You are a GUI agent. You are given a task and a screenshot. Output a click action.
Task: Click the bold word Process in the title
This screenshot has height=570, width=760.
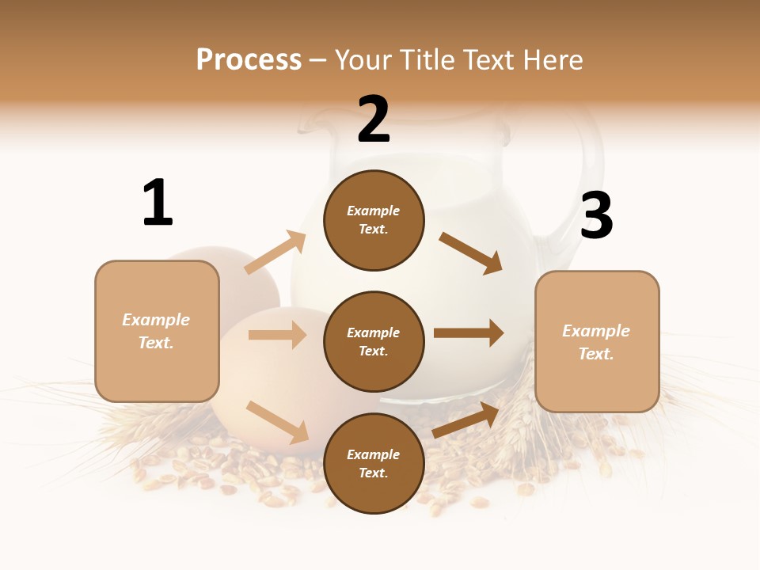[x=249, y=60]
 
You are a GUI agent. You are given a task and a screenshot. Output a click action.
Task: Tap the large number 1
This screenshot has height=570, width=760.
[x=158, y=203]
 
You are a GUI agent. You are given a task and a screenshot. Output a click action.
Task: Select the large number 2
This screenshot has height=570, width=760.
[x=374, y=120]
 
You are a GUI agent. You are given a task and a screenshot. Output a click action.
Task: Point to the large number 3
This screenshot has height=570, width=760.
[x=596, y=216]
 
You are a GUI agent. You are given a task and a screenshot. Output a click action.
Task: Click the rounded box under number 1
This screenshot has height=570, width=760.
[x=157, y=331]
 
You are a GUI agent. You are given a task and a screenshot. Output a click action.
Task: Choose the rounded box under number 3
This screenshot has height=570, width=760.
[x=597, y=341]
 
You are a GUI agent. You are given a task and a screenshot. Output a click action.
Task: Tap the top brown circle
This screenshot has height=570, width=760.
[x=374, y=220]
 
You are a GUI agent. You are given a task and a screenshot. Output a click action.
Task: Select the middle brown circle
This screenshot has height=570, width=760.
[x=374, y=341]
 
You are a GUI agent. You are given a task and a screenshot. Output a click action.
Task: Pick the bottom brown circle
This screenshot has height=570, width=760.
[x=374, y=463]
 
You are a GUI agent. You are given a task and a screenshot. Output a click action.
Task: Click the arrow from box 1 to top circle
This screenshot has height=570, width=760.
[x=275, y=253]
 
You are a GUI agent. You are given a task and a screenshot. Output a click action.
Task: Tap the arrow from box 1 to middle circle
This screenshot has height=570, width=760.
[x=277, y=335]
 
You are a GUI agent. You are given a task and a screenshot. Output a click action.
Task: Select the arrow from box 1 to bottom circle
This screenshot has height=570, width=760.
[x=277, y=422]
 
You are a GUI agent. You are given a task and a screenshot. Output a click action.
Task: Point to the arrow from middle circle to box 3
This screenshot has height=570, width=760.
[x=469, y=333]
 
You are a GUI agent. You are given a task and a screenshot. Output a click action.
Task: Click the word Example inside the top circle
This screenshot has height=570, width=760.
[x=374, y=211]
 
